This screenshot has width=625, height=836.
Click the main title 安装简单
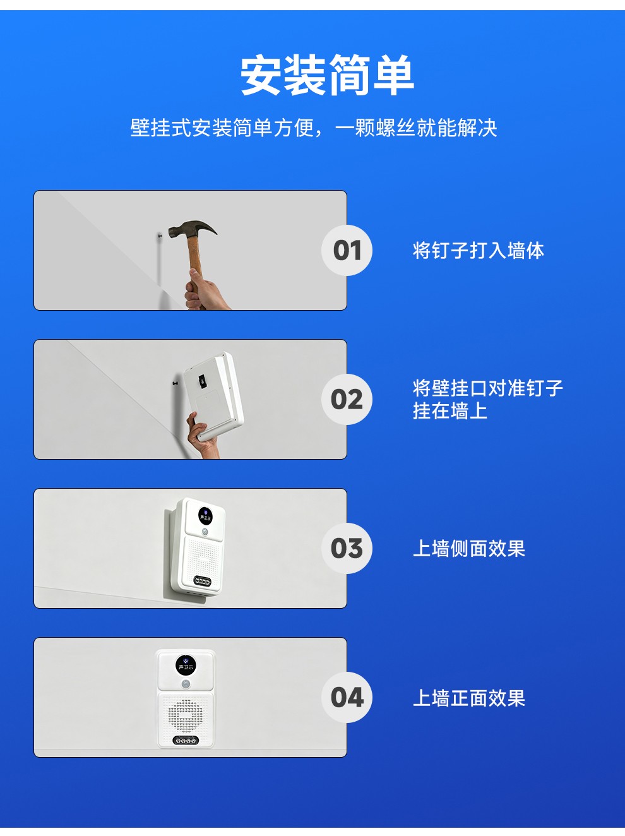(x=327, y=75)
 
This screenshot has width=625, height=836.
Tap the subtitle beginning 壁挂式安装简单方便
(x=314, y=128)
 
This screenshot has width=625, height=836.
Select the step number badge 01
(x=347, y=250)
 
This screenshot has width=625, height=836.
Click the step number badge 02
(x=347, y=399)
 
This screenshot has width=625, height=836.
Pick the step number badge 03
(x=347, y=548)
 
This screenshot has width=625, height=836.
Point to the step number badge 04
(x=347, y=697)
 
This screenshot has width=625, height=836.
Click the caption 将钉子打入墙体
(x=479, y=251)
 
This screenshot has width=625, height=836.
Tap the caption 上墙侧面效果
(x=469, y=549)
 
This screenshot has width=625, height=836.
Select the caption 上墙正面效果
(x=469, y=698)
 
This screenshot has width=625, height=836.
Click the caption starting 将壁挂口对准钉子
(x=487, y=399)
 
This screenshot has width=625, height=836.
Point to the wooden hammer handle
(x=195, y=259)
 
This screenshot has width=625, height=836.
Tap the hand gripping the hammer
(x=206, y=291)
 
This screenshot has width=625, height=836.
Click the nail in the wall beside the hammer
(x=160, y=237)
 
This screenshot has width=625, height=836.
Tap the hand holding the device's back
(x=203, y=436)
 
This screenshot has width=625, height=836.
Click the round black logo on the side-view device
(x=205, y=516)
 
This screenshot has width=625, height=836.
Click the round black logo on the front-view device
(x=186, y=665)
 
